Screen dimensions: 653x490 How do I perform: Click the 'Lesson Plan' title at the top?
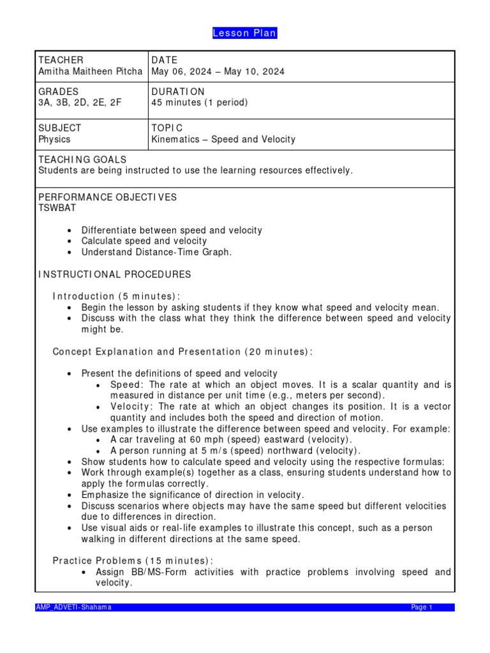coord(245,33)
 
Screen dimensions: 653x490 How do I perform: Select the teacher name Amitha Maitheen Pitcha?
coord(91,71)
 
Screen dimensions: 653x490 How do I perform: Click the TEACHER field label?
coord(61,60)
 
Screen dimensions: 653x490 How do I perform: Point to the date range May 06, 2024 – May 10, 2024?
coord(218,71)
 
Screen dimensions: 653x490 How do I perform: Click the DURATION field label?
coord(178,91)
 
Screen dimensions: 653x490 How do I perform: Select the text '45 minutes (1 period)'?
coord(199,102)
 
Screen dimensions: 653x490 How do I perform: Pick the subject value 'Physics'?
coord(54,139)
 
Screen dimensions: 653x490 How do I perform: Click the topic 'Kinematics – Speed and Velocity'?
coord(223,139)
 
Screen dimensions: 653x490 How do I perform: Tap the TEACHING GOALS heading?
coord(82,159)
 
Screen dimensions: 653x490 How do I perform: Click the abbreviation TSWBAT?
coord(57,208)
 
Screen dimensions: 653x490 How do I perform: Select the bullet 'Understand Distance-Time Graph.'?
coord(156,252)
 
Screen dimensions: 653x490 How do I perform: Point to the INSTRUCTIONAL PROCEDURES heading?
coord(115,274)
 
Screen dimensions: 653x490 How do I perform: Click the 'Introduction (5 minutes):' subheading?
coord(116,297)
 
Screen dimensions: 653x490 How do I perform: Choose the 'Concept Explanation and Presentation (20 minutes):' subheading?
coord(182,352)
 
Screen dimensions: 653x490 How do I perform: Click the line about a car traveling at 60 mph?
coord(231,439)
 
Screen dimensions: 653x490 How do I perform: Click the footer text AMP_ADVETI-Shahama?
coord(73,607)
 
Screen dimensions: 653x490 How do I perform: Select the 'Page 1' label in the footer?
coord(422,607)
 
